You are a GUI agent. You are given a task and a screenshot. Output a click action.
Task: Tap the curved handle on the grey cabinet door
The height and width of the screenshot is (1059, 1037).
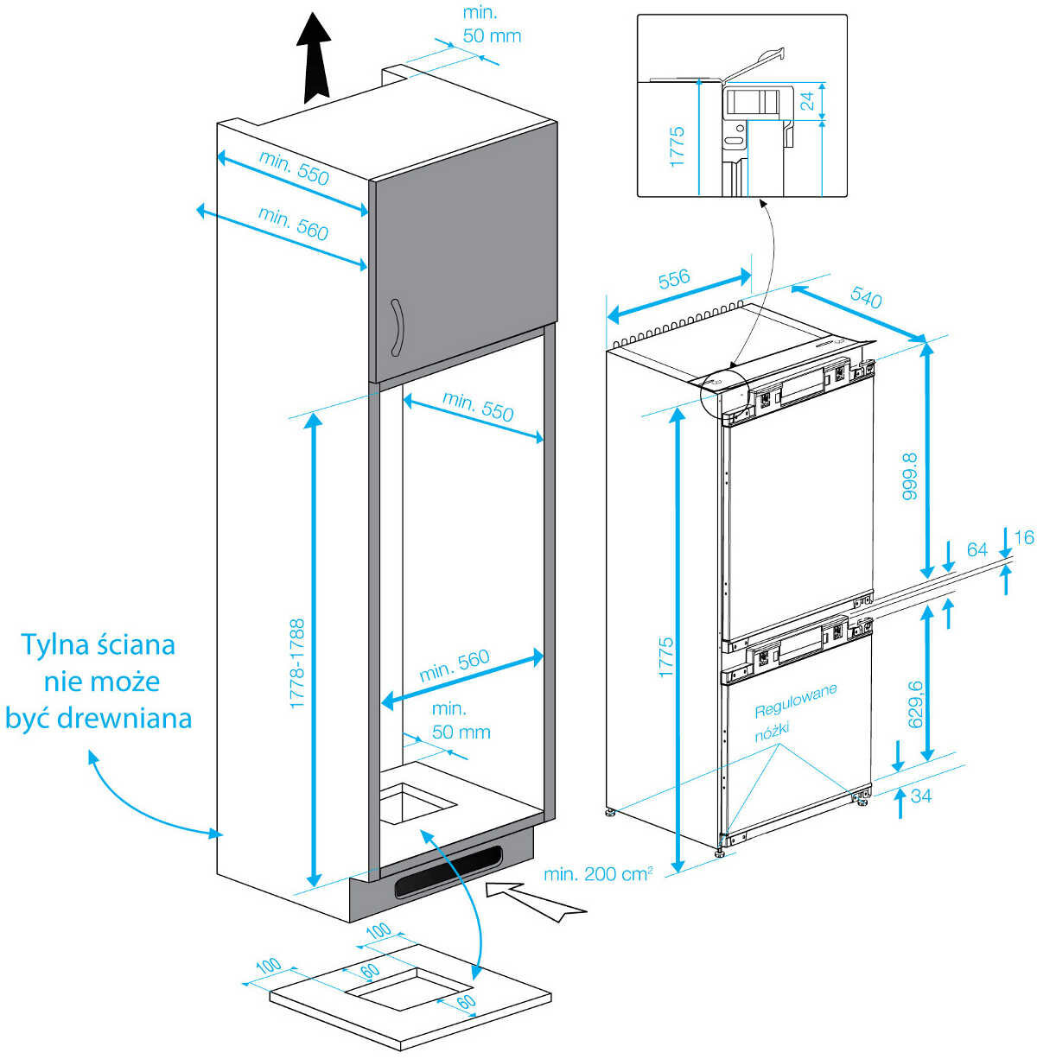(397, 327)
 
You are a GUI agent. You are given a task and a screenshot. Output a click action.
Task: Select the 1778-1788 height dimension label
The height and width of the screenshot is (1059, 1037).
(296, 663)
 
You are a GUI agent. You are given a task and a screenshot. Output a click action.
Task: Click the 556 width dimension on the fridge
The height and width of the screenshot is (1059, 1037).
(674, 279)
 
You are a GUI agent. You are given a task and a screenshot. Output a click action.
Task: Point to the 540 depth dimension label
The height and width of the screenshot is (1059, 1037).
(866, 298)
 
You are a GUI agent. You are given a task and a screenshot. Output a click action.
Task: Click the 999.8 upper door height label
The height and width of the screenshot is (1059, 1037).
(908, 480)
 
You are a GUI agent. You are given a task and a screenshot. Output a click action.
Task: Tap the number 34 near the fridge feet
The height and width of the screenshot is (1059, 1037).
(921, 795)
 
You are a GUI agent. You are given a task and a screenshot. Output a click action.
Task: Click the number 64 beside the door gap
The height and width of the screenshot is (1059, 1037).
(977, 550)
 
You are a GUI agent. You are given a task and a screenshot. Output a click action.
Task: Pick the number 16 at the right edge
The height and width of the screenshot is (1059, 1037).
(1023, 538)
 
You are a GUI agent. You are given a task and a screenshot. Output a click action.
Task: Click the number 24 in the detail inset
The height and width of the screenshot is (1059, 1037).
(807, 102)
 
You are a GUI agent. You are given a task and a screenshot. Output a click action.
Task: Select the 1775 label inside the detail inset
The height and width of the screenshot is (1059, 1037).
(677, 147)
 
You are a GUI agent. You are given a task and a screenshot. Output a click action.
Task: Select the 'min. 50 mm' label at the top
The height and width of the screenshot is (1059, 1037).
(492, 24)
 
